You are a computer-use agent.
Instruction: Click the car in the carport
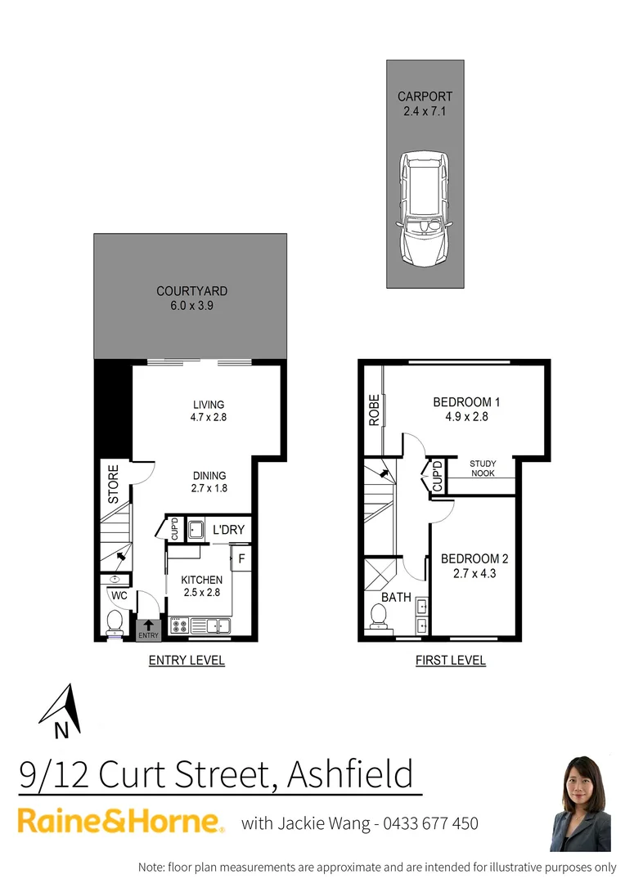pos(425,210)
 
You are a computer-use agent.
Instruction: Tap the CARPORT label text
pos(425,96)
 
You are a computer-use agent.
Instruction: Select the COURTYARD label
pos(191,291)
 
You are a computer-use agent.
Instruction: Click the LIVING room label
pos(209,405)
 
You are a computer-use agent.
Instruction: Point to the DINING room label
pos(209,476)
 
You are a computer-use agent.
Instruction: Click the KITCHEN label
pos(201,580)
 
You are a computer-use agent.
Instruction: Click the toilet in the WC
pos(114,624)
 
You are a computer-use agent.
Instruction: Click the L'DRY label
pos(228,530)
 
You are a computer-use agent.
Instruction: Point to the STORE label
pos(114,484)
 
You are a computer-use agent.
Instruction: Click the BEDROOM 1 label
pos(466,402)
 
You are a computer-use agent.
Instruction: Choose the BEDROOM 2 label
pos(474,559)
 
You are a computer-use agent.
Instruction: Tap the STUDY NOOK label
pos(483,468)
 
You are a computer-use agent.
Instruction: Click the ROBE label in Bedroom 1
pos(374,409)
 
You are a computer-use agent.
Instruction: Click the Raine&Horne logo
pos(121,822)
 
